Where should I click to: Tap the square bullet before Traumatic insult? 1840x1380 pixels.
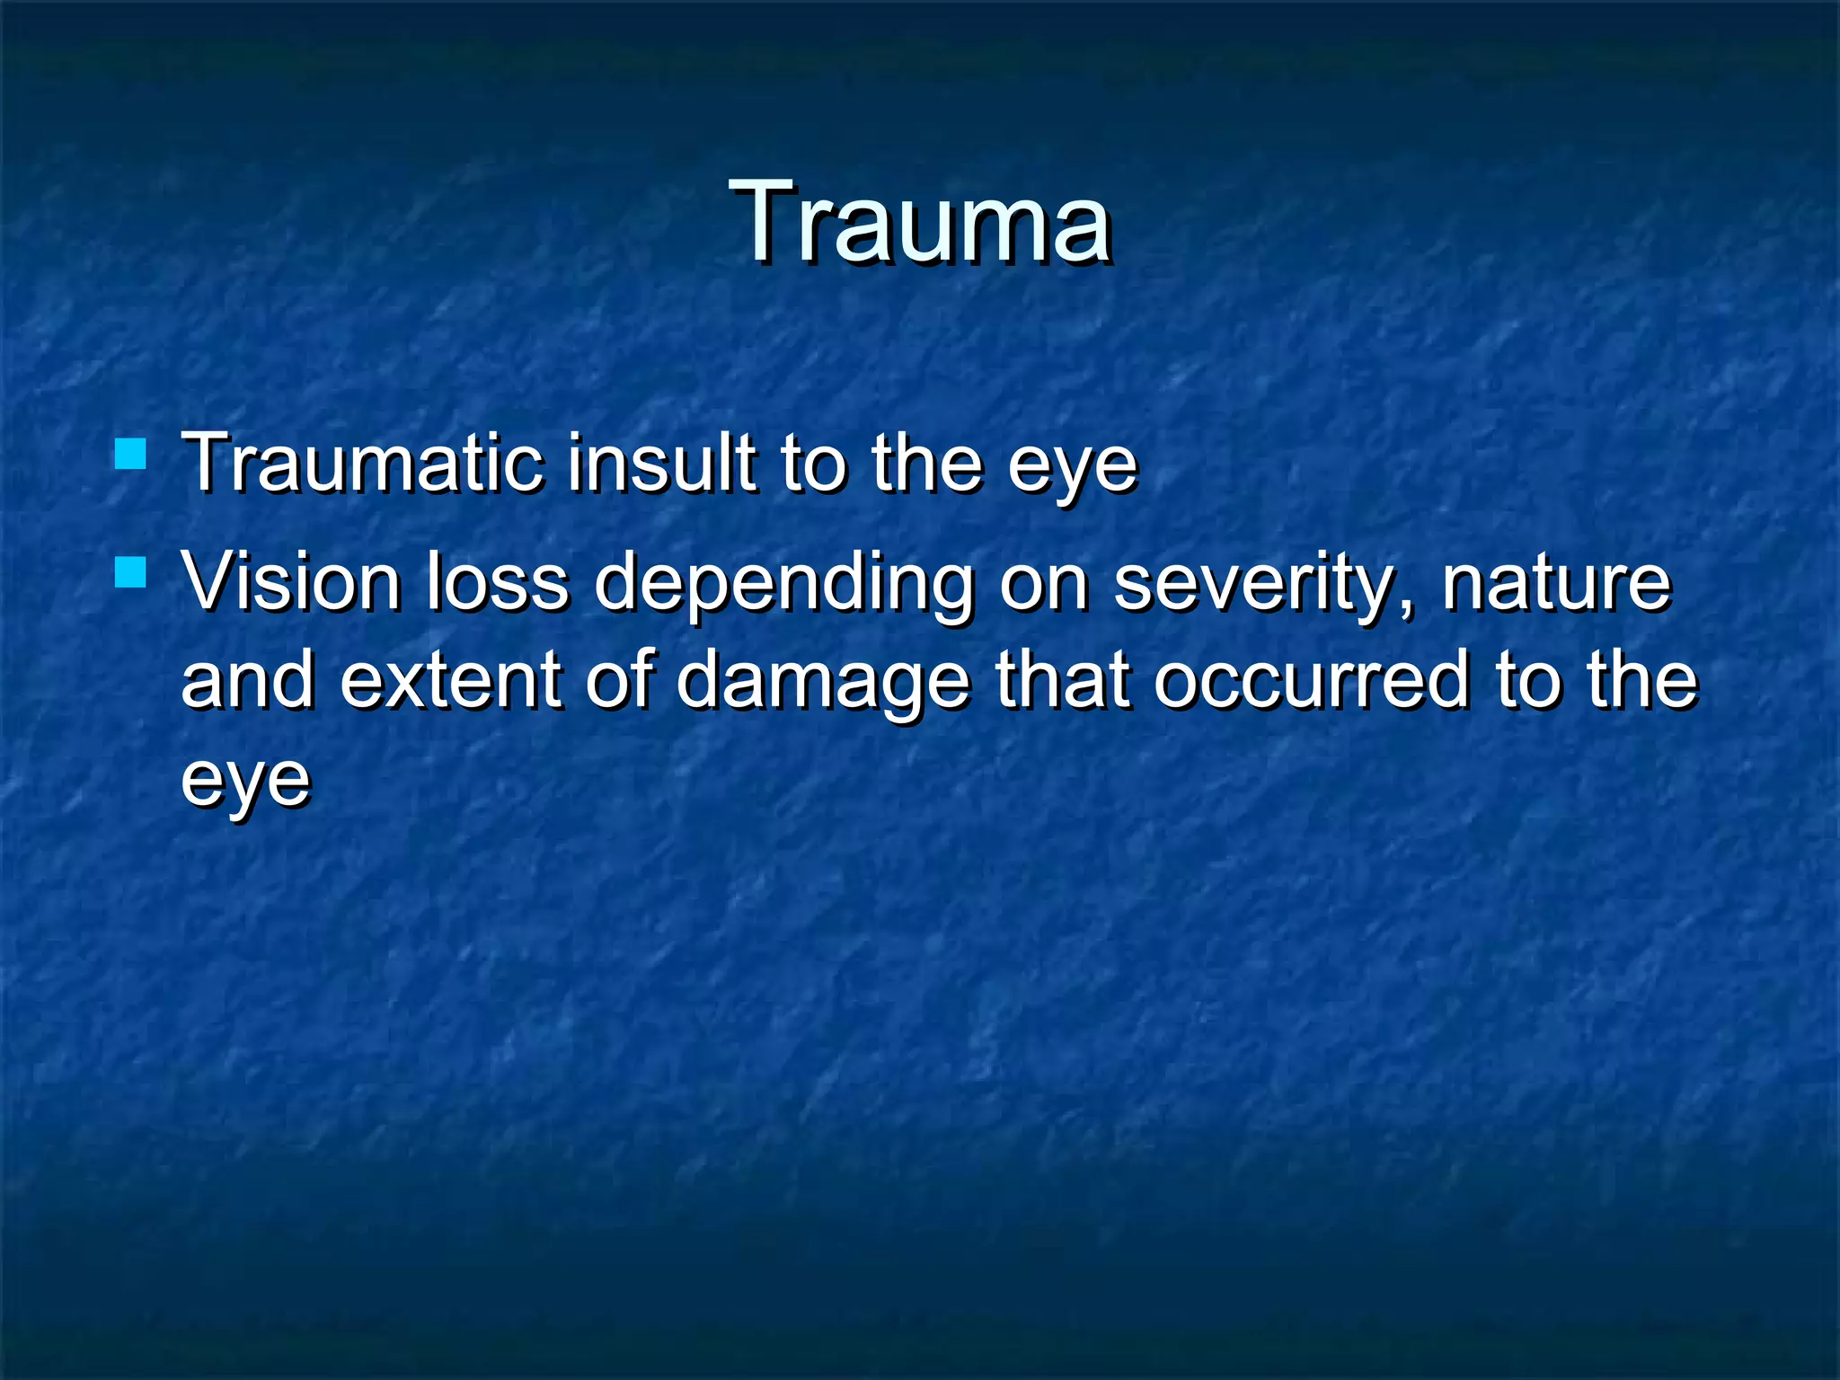point(131,454)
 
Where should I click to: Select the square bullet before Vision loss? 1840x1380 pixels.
point(131,571)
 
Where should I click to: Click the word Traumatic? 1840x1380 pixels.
point(361,464)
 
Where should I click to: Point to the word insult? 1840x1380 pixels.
point(661,464)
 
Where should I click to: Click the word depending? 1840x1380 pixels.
point(783,586)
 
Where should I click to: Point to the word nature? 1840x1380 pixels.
point(1556,584)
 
